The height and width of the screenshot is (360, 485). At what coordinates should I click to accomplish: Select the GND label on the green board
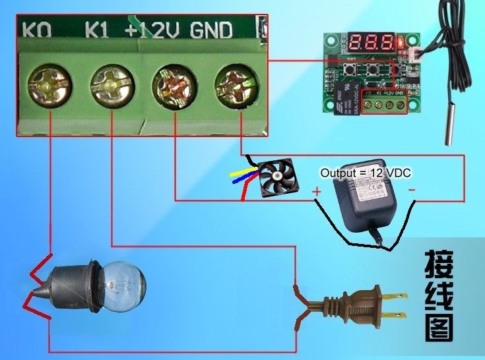(x=211, y=30)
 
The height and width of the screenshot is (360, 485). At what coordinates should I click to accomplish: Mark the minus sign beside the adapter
(x=411, y=190)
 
